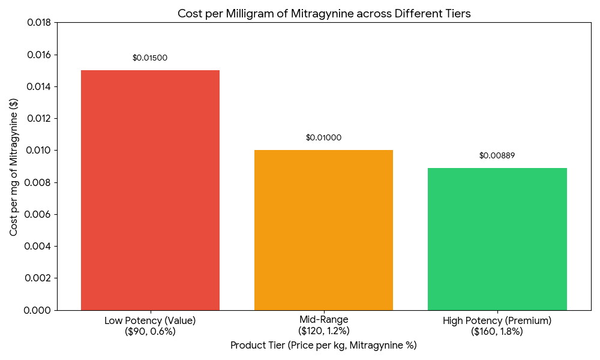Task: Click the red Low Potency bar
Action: click(x=150, y=190)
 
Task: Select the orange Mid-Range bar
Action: click(x=323, y=230)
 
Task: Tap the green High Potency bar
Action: click(x=497, y=239)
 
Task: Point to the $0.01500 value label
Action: click(x=150, y=58)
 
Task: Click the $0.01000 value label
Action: click(x=323, y=138)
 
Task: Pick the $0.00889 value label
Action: click(x=497, y=156)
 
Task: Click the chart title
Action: click(x=324, y=13)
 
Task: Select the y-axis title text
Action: click(x=14, y=166)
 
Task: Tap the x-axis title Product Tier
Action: click(x=323, y=346)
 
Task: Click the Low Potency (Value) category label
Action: click(x=150, y=326)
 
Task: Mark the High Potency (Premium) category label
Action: click(x=497, y=326)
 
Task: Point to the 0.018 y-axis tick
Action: click(x=38, y=23)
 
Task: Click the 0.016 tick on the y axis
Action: click(x=38, y=55)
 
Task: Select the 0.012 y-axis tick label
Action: click(x=38, y=119)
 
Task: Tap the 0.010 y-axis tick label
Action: click(x=38, y=151)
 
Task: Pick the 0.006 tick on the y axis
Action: click(x=38, y=214)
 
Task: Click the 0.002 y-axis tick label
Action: click(x=38, y=278)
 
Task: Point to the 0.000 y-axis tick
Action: click(x=38, y=310)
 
